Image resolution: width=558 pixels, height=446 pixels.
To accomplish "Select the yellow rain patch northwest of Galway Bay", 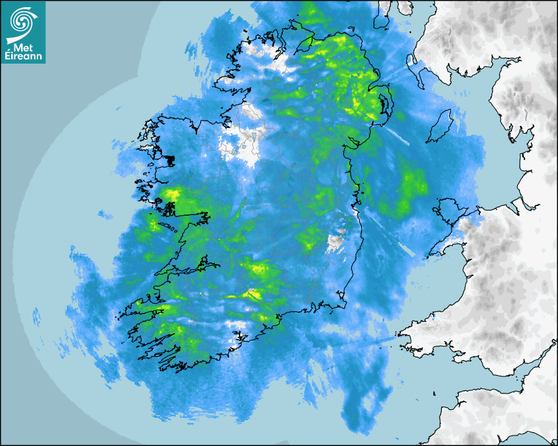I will tap(173, 194).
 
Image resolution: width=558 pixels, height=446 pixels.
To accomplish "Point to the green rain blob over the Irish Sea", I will tap(412, 187).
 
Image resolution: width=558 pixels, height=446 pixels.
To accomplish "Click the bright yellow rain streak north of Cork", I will tap(253, 295).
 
